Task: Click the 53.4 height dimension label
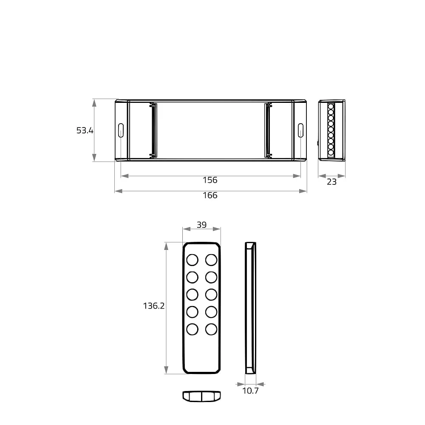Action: point(85,130)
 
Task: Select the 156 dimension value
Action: point(210,180)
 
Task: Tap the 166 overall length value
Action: point(210,195)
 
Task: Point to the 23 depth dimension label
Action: point(331,181)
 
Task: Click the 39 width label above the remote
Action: point(201,225)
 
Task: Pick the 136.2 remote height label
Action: point(154,306)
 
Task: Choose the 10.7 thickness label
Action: point(250,391)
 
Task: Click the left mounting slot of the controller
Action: point(121,130)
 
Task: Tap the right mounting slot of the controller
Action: point(300,130)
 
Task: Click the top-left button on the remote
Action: point(193,260)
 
